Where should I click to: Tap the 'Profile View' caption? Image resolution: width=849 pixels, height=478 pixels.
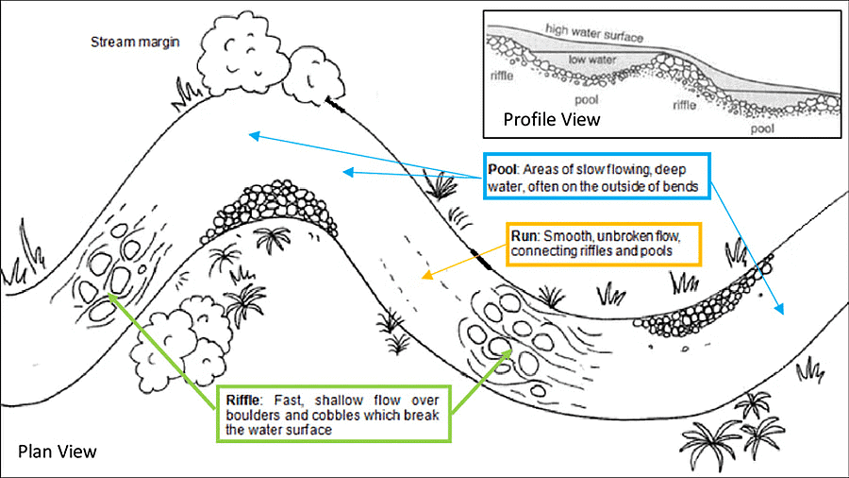(x=551, y=120)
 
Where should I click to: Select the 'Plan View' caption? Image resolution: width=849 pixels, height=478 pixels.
(x=57, y=451)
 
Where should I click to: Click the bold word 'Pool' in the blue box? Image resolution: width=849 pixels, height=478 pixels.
(x=502, y=168)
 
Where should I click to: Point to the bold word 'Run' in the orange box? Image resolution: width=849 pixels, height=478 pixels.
(x=524, y=236)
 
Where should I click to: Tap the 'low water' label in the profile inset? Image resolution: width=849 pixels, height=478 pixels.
(x=591, y=60)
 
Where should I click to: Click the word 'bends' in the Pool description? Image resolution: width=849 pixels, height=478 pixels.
(x=685, y=187)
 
